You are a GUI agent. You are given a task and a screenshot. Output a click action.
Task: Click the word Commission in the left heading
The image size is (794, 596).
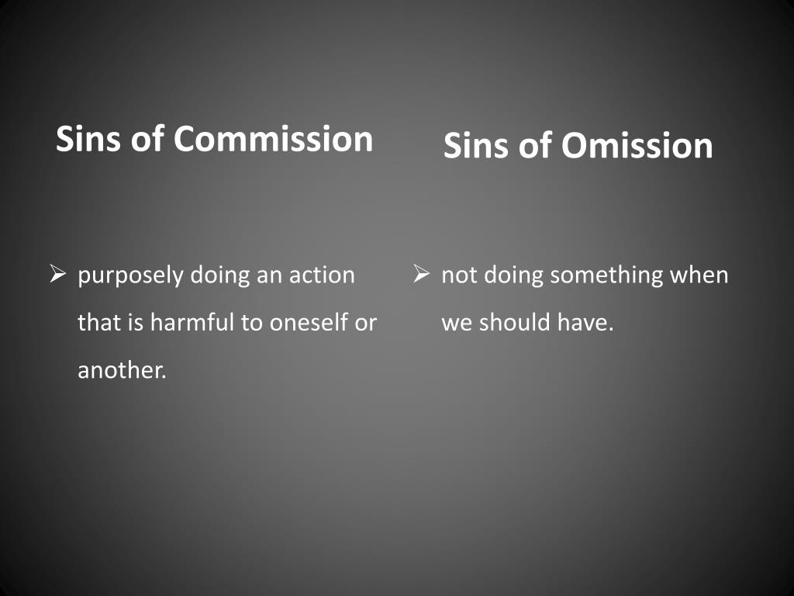(273, 139)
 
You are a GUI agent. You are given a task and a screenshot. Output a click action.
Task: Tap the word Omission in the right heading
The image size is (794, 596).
(637, 146)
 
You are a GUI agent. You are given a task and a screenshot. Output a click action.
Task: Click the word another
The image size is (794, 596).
(122, 370)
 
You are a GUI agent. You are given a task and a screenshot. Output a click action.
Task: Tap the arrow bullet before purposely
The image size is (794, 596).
(58, 274)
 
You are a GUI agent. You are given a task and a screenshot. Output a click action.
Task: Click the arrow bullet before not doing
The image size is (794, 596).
(422, 274)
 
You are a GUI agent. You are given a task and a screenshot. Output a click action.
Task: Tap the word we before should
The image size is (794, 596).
(457, 323)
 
